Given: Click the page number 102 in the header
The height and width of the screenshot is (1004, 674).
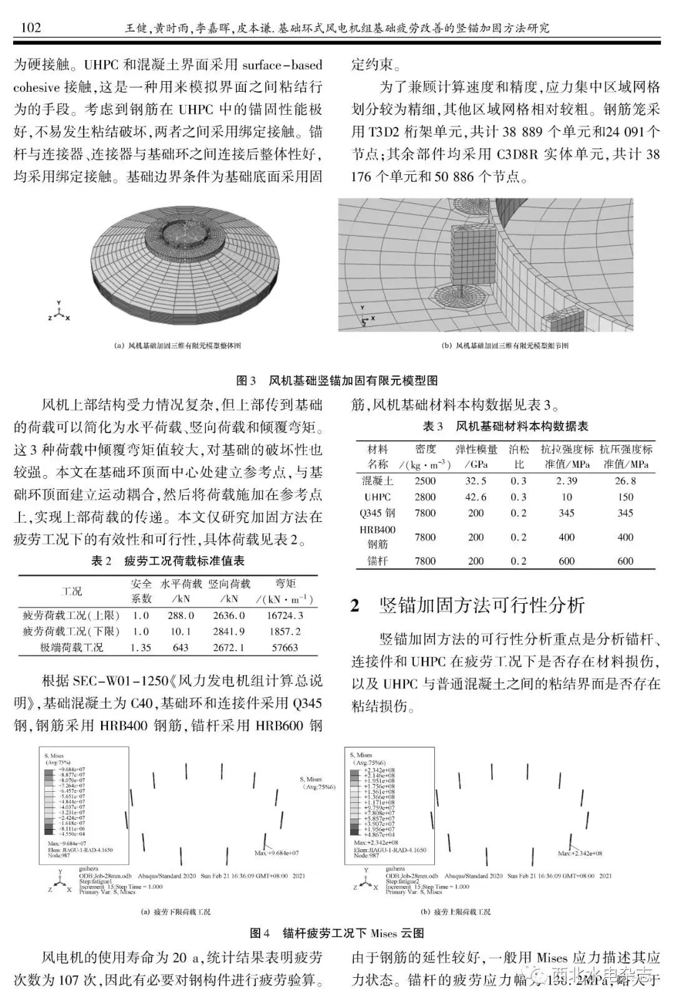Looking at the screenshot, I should pyautogui.click(x=31, y=27).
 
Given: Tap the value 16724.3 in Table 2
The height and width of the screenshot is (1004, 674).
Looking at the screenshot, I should pyautogui.click(x=285, y=616).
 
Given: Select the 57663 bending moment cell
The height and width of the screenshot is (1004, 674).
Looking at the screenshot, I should pyautogui.click(x=285, y=647).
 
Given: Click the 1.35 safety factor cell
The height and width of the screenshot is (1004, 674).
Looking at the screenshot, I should pyautogui.click(x=141, y=647).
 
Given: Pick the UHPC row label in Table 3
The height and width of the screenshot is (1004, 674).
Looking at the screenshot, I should pyautogui.click(x=378, y=497).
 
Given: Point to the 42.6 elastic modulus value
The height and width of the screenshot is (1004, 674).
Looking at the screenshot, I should pyautogui.click(x=476, y=497).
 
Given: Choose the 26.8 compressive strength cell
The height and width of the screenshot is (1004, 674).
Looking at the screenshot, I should pyautogui.click(x=625, y=481).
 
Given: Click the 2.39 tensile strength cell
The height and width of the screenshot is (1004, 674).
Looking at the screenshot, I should pyautogui.click(x=567, y=481).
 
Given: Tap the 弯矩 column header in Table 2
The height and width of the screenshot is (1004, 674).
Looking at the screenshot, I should pyautogui.click(x=285, y=584).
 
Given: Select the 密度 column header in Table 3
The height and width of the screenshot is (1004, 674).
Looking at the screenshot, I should pyautogui.click(x=426, y=449).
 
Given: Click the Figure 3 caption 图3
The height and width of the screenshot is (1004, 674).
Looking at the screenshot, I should pyautogui.click(x=247, y=380).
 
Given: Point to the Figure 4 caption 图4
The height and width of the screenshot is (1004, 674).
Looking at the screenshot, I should pyautogui.click(x=260, y=933).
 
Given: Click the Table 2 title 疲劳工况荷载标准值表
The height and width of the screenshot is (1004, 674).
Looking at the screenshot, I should pyautogui.click(x=185, y=561).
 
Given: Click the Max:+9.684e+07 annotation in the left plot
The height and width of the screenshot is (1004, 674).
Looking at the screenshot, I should pyautogui.click(x=276, y=853).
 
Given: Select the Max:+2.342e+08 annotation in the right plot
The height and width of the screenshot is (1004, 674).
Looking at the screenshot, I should pyautogui.click(x=580, y=853).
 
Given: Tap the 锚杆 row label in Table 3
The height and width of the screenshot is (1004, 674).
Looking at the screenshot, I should pyautogui.click(x=378, y=561).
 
